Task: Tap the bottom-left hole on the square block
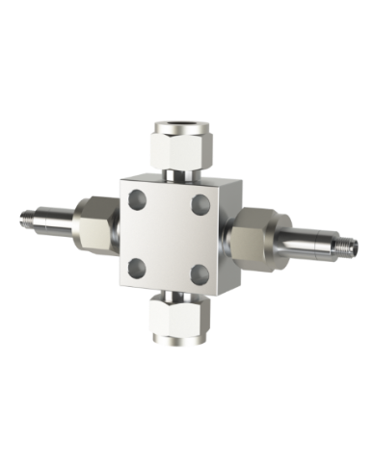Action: point(136,265)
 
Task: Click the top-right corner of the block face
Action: point(224,183)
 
